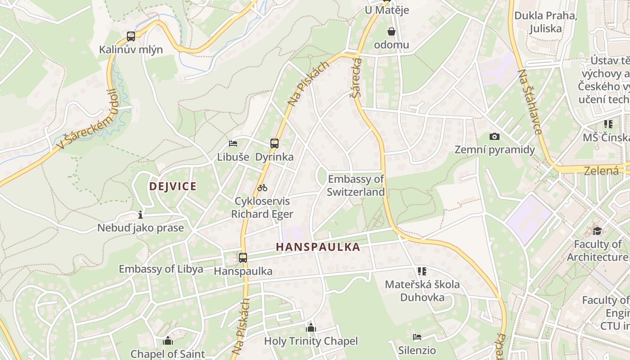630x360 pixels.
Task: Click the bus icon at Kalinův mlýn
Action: pyautogui.click(x=131, y=36)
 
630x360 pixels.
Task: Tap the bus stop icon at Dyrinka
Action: pyautogui.click(x=274, y=144)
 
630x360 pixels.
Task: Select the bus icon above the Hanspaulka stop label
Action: pyautogui.click(x=243, y=258)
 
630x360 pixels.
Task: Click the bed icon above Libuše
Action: pyautogui.click(x=233, y=144)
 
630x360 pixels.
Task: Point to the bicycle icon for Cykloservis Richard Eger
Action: pyautogui.click(x=262, y=188)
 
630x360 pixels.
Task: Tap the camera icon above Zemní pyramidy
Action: pyautogui.click(x=495, y=136)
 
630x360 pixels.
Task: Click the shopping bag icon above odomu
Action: pyautogui.click(x=391, y=31)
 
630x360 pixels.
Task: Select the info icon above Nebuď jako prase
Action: pyautogui.click(x=140, y=215)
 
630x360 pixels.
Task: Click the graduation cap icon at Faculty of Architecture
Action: pyautogui.click(x=597, y=231)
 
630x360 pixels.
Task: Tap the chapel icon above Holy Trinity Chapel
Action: pyautogui.click(x=311, y=328)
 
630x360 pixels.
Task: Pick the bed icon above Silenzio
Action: pyautogui.click(x=417, y=337)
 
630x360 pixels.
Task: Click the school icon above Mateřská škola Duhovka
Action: pyautogui.click(x=422, y=271)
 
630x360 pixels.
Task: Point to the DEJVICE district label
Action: pyautogui.click(x=173, y=186)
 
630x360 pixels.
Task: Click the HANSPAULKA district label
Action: pyautogui.click(x=318, y=247)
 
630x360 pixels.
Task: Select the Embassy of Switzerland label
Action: pyautogui.click(x=356, y=185)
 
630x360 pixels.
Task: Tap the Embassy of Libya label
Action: pyautogui.click(x=161, y=269)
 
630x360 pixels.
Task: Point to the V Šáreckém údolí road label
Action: pyautogui.click(x=85, y=121)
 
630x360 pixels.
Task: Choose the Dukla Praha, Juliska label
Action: pyautogui.click(x=545, y=22)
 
